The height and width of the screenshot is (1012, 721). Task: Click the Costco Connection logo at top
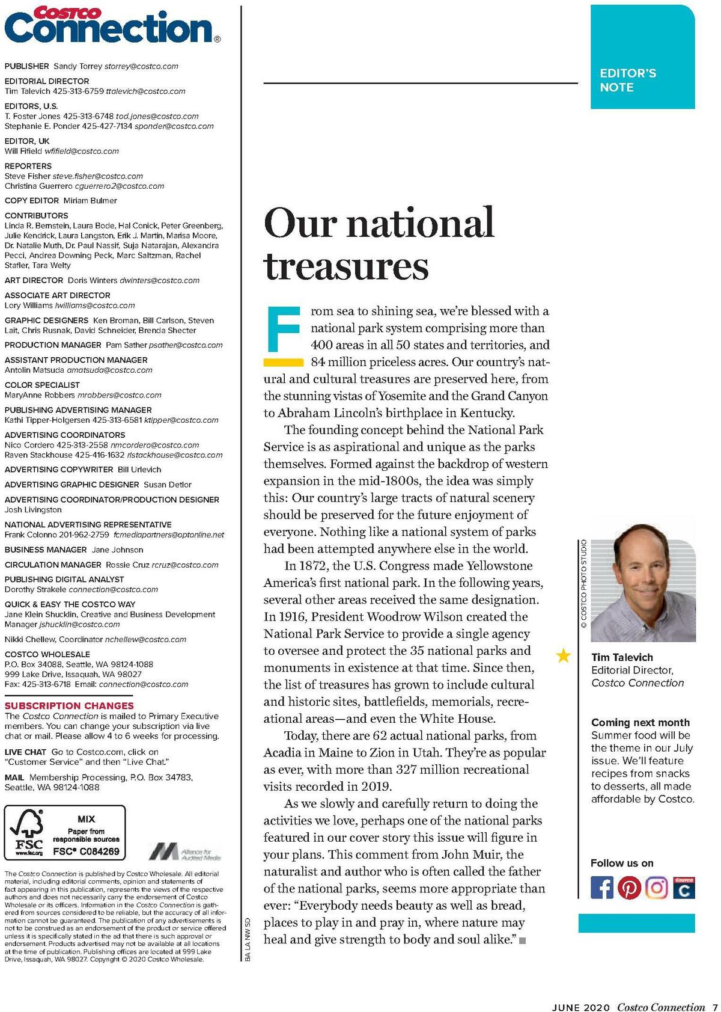(112, 25)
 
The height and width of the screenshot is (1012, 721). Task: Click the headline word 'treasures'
(346, 266)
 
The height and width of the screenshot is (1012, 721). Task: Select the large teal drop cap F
(283, 330)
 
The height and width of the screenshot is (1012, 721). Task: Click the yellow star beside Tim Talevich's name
(564, 655)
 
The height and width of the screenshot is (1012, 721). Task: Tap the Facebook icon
(602, 888)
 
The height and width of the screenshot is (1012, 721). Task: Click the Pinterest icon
(629, 888)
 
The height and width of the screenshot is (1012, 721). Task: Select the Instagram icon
(657, 888)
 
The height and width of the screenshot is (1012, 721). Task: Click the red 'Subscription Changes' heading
(69, 705)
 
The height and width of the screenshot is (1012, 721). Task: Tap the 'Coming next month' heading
(640, 722)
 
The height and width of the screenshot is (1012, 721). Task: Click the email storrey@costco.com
(141, 66)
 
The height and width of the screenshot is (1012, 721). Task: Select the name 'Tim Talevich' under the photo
(622, 657)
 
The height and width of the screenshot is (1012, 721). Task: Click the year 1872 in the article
(315, 566)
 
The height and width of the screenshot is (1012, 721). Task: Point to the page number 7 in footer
(715, 1007)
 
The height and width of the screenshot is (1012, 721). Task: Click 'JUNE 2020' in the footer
(581, 1007)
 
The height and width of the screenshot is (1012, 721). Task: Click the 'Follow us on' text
(622, 863)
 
